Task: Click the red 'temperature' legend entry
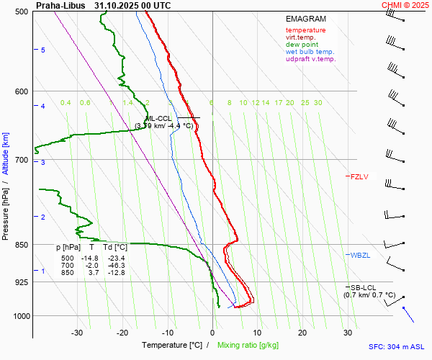305,30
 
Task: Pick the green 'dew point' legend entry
302,45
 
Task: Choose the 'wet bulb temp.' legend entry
310,52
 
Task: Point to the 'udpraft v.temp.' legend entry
310,59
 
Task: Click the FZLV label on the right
359,176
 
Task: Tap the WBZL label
360,255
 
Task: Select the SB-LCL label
364,287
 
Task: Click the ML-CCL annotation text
158,119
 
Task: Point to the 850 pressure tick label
20,245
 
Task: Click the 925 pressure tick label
20,282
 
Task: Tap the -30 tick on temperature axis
77,333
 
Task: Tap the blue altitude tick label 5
43,50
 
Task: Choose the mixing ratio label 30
318,103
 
